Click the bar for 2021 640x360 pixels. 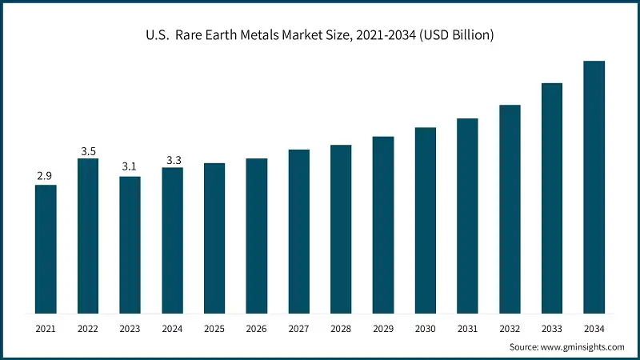pos(46,249)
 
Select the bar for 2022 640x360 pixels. pos(88,236)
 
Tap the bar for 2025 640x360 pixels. pos(214,238)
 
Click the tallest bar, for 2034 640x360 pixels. pos(594,187)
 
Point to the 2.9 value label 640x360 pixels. pos(46,175)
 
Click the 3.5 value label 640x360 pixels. pos(88,150)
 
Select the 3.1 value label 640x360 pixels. pos(130,166)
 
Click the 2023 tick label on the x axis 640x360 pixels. pos(130,329)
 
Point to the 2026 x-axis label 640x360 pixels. pos(256,329)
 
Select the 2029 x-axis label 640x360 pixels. pos(382,329)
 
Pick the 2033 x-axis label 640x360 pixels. pos(551,329)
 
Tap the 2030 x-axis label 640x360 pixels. pos(425,329)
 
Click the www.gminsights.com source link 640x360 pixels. pos(582,346)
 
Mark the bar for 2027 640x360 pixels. pos(298,231)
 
